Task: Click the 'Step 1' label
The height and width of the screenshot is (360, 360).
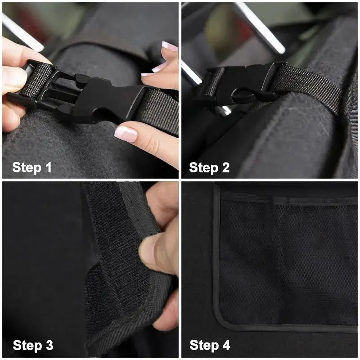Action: pos(32,168)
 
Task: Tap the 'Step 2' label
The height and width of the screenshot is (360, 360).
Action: pos(209,168)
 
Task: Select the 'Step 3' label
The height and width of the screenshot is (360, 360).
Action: pos(33,346)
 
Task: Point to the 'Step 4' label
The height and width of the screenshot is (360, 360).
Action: pos(210,346)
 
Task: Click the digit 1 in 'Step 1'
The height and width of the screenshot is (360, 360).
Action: pos(48,168)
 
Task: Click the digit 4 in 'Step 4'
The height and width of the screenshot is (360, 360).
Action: pos(225,346)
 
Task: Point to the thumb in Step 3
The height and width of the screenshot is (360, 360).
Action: pos(155,252)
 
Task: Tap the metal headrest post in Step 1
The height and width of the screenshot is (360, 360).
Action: pos(22,31)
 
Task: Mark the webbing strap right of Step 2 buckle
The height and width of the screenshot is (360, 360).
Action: pos(310,85)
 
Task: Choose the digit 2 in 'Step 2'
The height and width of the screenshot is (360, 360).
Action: pos(225,168)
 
